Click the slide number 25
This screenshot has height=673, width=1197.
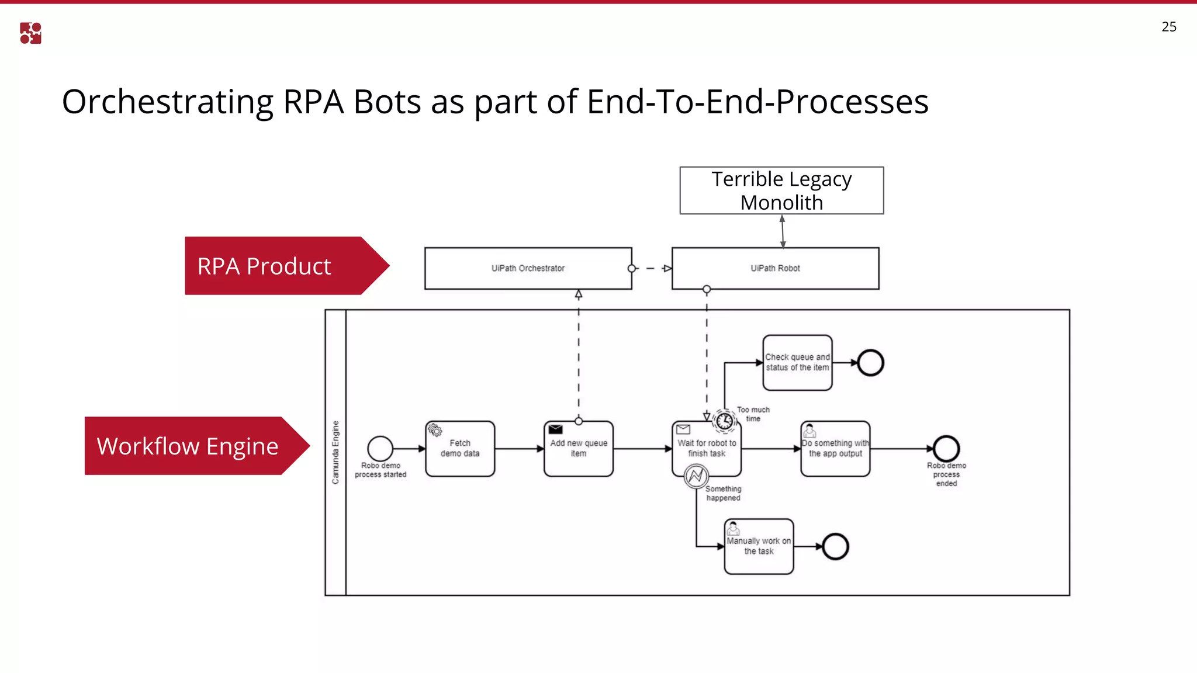[1168, 27]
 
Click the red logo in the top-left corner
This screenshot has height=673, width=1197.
[30, 33]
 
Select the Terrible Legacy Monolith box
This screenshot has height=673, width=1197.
[781, 190]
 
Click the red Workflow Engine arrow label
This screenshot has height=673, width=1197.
[188, 446]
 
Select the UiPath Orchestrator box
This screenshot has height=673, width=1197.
[528, 268]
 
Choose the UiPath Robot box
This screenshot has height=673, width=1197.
[775, 268]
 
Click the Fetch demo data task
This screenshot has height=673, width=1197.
[460, 449]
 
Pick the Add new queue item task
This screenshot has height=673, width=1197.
[578, 449]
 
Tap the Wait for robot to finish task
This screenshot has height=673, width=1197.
[707, 449]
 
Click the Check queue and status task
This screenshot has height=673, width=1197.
[797, 362]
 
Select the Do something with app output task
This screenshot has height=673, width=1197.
[835, 449]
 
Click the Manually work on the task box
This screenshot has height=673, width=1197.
[759, 546]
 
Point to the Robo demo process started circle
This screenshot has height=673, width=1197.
[380, 449]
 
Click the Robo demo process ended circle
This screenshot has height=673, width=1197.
[946, 449]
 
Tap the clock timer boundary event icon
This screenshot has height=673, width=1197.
[725, 421]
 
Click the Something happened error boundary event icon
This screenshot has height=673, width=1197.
[696, 477]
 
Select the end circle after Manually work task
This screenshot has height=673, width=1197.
[835, 547]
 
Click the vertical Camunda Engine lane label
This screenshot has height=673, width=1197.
[335, 452]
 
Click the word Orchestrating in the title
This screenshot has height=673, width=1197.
[167, 102]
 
